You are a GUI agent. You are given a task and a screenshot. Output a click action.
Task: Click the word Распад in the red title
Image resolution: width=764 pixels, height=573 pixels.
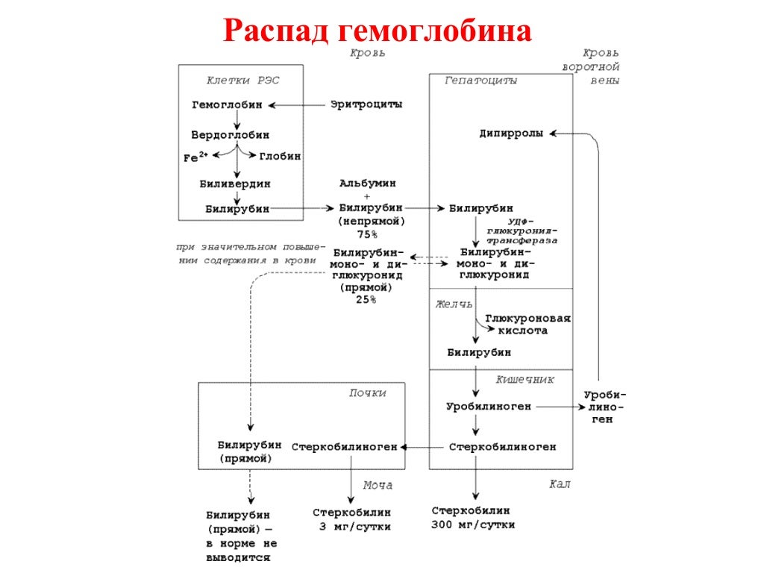point(277,32)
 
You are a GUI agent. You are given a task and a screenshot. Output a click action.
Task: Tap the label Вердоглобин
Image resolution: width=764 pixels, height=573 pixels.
point(231,135)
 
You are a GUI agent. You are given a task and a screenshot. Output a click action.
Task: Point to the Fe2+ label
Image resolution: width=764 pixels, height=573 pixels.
point(196,157)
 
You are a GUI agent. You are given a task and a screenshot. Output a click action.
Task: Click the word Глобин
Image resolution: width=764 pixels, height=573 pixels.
point(280,157)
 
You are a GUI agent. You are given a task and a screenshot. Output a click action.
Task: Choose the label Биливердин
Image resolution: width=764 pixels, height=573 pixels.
point(235,183)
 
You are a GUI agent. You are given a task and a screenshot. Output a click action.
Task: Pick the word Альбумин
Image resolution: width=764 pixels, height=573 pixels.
point(367,183)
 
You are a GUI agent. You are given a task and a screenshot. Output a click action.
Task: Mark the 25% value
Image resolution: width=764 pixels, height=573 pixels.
point(366,299)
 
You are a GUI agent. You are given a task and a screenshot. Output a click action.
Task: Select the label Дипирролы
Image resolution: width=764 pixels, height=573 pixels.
point(511,134)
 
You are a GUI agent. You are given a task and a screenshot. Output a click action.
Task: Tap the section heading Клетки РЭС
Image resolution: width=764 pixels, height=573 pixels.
point(243,80)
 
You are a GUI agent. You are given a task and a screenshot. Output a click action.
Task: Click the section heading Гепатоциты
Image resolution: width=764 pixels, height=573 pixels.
point(480,80)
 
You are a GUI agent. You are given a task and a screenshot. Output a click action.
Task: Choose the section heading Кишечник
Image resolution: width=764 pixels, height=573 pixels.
point(525,379)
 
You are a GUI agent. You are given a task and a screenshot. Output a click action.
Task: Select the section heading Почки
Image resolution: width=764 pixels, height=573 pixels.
point(367,392)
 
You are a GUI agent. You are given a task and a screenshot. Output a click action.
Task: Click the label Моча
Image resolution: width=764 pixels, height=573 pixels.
point(378,485)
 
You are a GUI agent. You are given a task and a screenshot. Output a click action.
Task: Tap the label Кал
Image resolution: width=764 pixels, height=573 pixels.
point(560,484)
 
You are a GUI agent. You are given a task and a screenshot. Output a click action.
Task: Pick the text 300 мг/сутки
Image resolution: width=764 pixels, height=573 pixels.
point(473,525)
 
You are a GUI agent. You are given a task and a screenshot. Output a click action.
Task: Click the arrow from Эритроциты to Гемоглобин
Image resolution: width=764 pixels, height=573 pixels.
point(298,105)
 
